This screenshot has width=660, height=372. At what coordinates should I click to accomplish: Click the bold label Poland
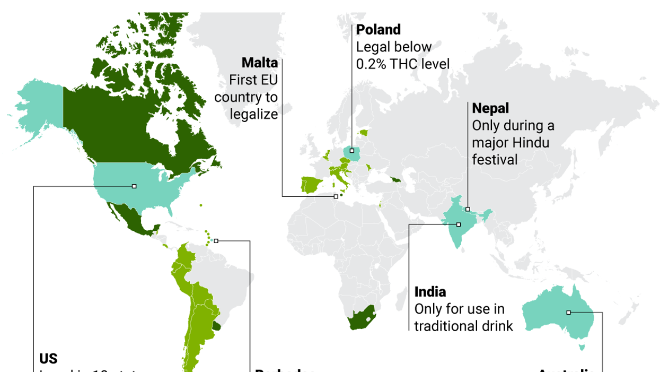[x=378, y=30]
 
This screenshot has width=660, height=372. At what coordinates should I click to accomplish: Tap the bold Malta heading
[x=260, y=63]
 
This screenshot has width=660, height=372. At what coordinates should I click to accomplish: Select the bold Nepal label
[x=490, y=108]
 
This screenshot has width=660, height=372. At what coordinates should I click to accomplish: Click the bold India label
[x=430, y=292]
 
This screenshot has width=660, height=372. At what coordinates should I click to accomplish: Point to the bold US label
[x=48, y=359]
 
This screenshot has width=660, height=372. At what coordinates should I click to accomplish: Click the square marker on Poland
[x=351, y=151]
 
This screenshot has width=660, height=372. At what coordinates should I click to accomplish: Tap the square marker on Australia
[x=568, y=313]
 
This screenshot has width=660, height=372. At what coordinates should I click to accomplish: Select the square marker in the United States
[x=134, y=186]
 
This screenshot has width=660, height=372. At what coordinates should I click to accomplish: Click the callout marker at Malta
[x=336, y=196]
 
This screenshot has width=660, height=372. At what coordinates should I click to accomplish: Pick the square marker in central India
[x=459, y=224]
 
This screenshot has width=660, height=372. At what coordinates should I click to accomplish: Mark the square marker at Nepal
[x=468, y=209]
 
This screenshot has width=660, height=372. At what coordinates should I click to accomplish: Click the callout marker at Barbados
[x=216, y=240]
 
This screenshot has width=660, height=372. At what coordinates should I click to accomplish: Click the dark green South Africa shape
[x=360, y=318]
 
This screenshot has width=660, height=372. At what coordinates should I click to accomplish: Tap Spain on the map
[x=311, y=185]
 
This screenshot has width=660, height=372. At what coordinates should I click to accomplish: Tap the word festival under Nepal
[x=495, y=159]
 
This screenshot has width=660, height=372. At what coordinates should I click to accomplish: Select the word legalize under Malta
[x=254, y=114]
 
